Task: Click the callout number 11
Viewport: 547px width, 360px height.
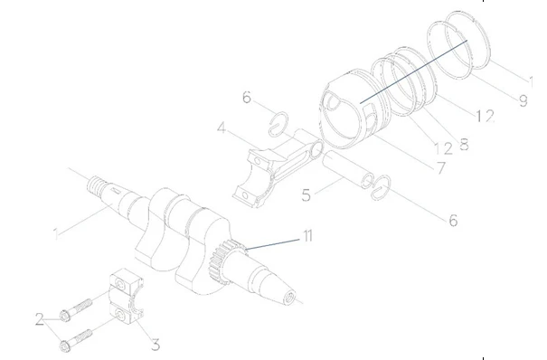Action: point(307,236)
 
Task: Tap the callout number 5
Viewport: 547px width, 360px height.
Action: point(306,195)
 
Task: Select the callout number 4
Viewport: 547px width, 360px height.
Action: point(222,128)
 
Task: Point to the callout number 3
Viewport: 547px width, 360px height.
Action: point(156,345)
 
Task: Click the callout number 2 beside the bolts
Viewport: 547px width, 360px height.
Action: point(40,318)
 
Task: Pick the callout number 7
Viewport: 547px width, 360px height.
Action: point(441,168)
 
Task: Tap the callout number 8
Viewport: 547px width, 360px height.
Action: point(465,144)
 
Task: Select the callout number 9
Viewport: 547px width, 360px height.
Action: point(523,100)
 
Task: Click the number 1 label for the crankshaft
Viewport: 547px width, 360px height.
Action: point(56,233)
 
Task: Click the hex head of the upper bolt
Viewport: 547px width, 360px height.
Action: point(64,316)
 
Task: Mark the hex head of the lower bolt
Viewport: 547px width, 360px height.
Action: point(64,346)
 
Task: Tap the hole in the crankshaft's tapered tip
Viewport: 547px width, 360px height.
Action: point(290,298)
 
